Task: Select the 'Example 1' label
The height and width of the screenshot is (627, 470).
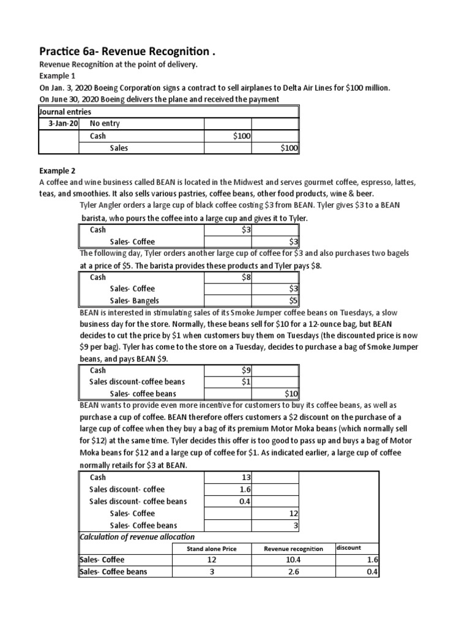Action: pyautogui.click(x=59, y=77)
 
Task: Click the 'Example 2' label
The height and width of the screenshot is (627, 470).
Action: pyautogui.click(x=59, y=170)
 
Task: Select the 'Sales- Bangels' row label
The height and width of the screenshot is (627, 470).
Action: pyautogui.click(x=135, y=300)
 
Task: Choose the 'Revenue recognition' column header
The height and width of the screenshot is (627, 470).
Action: pyautogui.click(x=293, y=549)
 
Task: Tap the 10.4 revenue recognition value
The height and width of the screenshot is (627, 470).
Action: pyautogui.click(x=293, y=560)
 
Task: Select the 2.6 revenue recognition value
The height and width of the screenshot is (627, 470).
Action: pyautogui.click(x=293, y=572)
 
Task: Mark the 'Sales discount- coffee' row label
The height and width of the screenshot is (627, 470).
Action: pyautogui.click(x=127, y=489)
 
